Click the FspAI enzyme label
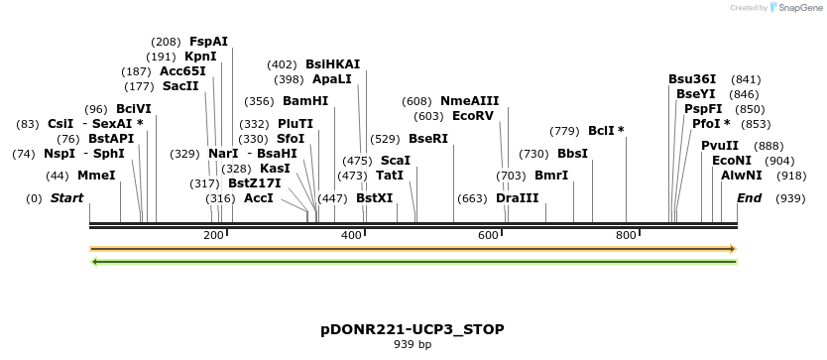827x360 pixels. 208,42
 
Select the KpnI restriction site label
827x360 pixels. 201,57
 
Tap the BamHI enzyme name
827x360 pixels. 305,101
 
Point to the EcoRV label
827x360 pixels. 472,116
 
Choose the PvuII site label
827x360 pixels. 719,146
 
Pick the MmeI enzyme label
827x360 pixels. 96,176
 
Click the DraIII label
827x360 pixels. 517,198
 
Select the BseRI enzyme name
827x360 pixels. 428,139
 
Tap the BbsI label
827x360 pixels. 572,154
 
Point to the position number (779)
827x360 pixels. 564,131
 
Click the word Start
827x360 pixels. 66,198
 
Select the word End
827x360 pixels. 749,198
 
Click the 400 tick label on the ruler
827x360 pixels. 351,235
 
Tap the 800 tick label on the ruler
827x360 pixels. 626,235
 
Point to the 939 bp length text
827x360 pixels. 413,345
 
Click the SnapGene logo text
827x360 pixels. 800,7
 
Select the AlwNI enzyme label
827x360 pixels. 742,176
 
